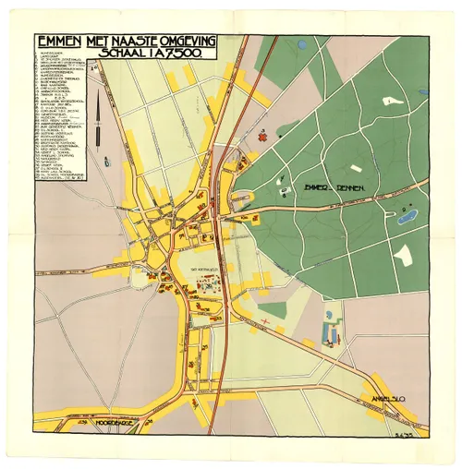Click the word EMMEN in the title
[x=58, y=42]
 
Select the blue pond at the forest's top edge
[x=302, y=43]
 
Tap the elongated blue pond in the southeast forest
[x=406, y=217]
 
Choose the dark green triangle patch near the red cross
[x=273, y=310]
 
